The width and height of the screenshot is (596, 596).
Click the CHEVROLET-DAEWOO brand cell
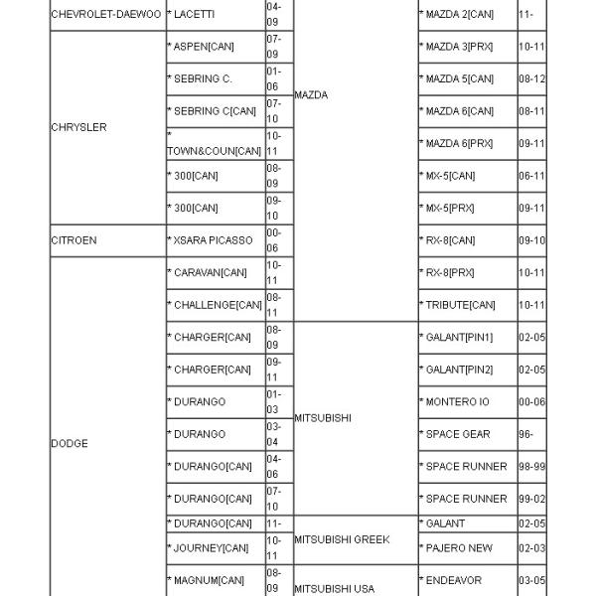pos(105,15)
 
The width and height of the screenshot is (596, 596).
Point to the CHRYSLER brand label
pos(78,127)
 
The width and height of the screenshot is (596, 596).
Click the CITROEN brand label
pos(74,240)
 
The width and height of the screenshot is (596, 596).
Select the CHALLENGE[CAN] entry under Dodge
pos(214,305)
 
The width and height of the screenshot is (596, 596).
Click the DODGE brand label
pos(70,443)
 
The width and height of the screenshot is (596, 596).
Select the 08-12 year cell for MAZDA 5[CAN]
pos(531,79)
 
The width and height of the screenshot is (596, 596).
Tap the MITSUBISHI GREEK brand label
pos(341,539)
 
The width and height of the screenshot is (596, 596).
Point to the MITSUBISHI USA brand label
pos(335,588)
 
